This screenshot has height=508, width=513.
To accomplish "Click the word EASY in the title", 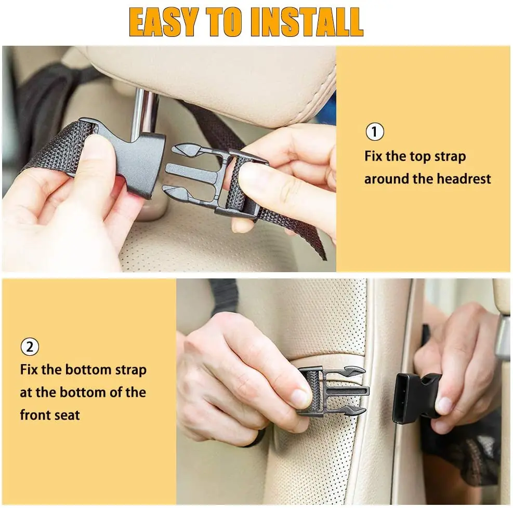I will pyautogui.click(x=163, y=22).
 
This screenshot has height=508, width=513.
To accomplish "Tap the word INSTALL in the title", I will pyautogui.click(x=306, y=22).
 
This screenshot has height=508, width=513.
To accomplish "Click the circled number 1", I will pyautogui.click(x=375, y=132).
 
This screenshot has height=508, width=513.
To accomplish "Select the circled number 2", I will pyautogui.click(x=30, y=346).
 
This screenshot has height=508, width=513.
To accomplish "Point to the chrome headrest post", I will pyautogui.click(x=145, y=112).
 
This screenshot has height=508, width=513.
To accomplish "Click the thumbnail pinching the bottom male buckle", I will pyautogui.click(x=300, y=399).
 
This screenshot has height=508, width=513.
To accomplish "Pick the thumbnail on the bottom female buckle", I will pyautogui.click(x=445, y=405).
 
